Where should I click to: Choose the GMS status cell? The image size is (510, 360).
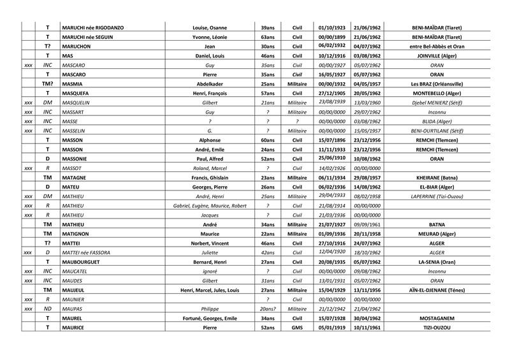tap(296, 327)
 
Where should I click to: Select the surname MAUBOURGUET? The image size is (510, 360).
tap(84, 262)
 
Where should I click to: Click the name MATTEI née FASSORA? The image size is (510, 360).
tap(87, 252)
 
